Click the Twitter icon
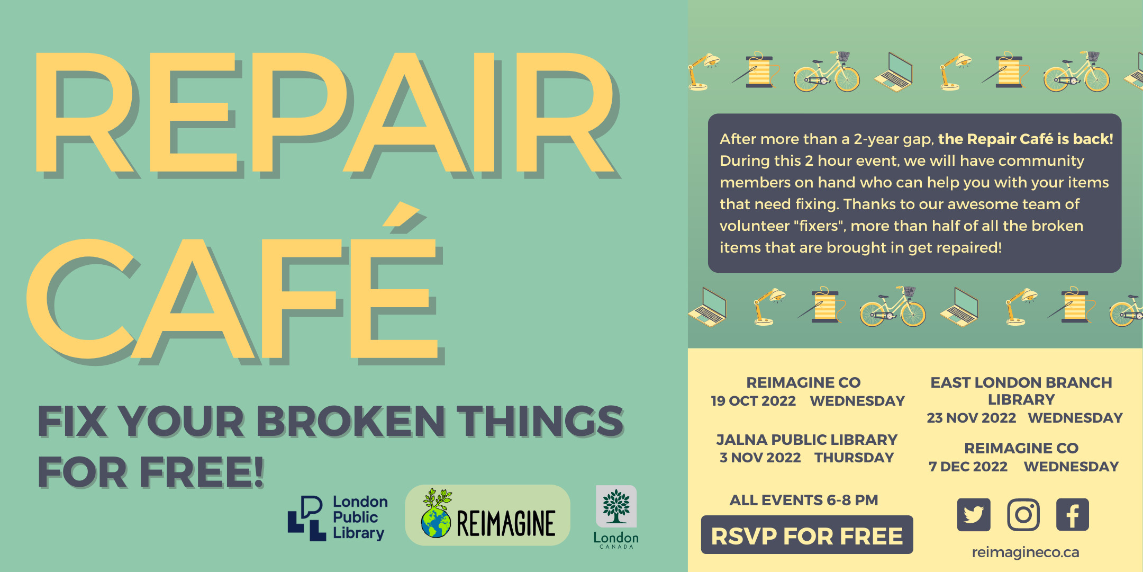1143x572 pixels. (x=974, y=514)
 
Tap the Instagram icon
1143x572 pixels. (x=1023, y=514)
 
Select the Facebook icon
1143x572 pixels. (x=1072, y=514)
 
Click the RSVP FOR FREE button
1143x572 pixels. (x=806, y=535)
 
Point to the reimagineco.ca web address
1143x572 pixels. (x=1025, y=552)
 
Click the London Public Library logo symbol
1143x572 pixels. (x=307, y=518)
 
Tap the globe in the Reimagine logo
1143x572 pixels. (x=436, y=522)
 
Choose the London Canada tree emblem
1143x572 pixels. (x=616, y=506)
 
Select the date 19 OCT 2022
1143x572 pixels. (x=753, y=401)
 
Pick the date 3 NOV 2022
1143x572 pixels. (x=760, y=458)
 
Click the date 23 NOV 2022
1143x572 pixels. (x=971, y=418)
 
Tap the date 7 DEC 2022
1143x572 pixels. (x=968, y=467)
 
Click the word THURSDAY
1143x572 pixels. (x=854, y=458)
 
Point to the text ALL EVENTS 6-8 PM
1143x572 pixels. (x=803, y=500)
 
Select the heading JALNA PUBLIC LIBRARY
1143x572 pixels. (x=806, y=440)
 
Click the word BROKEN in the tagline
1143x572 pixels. (x=350, y=422)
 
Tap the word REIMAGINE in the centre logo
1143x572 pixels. (x=505, y=523)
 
